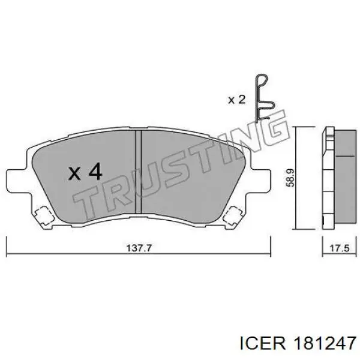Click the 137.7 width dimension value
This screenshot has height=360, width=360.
point(139,248)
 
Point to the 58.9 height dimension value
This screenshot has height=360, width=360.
point(290,178)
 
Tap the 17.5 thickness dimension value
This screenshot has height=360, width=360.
point(340,248)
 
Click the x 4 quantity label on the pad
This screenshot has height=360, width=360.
point(85,171)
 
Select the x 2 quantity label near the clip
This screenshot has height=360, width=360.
point(237,100)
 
